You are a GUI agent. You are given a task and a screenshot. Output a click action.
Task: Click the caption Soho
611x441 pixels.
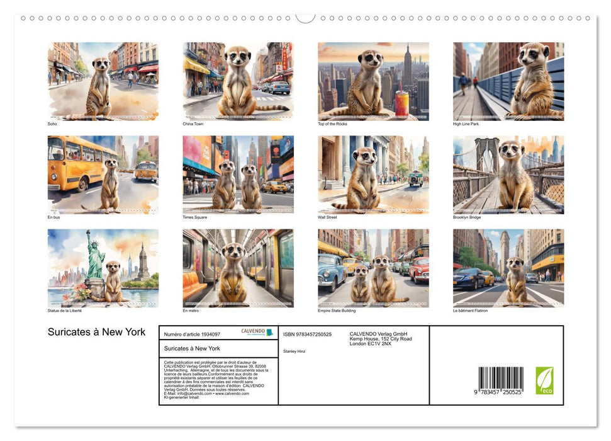tap(52, 124)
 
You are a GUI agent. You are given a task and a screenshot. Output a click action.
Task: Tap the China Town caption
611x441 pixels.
tap(193, 124)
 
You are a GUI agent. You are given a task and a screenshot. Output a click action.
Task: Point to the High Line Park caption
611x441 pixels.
tap(466, 124)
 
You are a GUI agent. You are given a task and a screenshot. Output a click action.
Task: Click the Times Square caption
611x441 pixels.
tap(194, 217)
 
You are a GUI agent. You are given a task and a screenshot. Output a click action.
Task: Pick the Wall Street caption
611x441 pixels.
tap(328, 217)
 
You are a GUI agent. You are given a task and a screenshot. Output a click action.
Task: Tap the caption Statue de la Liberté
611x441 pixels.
tap(65, 311)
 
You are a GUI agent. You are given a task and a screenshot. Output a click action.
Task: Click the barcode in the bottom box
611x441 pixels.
tap(500, 380)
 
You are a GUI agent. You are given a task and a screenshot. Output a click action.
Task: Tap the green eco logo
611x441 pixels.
tap(544, 381)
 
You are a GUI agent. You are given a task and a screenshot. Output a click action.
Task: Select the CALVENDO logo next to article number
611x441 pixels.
tap(257, 332)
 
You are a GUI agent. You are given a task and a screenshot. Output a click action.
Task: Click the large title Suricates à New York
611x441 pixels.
tap(96, 332)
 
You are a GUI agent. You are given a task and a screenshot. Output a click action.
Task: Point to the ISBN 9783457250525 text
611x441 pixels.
tap(307, 335)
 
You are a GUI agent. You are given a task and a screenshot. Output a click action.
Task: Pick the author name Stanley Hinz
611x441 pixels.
tap(294, 351)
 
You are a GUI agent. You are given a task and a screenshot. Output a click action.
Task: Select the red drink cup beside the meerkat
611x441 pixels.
tap(401, 103)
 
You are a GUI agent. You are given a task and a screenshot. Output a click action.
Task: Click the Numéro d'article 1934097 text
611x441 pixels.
tap(192, 335)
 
